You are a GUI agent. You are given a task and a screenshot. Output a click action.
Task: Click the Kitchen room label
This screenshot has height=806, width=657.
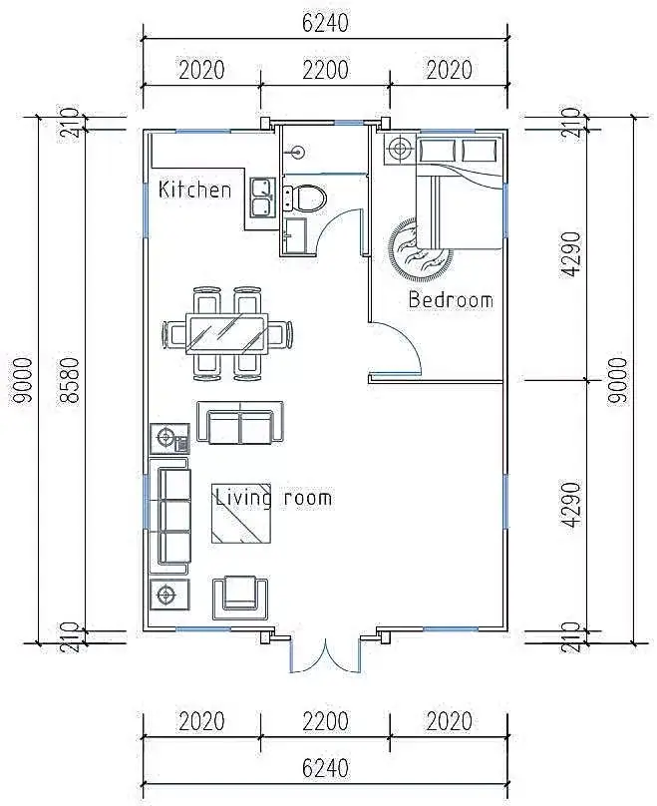[x=194, y=190]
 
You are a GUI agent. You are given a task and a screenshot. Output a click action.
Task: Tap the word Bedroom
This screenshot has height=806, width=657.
[x=451, y=299]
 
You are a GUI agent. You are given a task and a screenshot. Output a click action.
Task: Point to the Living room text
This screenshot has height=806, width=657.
[x=273, y=498]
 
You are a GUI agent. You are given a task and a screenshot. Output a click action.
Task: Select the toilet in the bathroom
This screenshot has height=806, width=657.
[x=305, y=198]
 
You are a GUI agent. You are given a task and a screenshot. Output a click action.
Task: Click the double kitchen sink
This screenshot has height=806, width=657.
[x=263, y=197]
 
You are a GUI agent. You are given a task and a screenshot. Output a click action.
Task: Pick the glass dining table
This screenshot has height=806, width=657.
[x=227, y=333]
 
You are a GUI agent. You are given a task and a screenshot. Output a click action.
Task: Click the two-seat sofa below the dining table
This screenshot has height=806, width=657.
[x=240, y=423]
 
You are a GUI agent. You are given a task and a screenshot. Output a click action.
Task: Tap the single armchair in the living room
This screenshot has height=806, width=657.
[x=240, y=598]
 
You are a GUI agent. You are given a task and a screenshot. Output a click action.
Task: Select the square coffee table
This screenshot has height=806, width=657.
[x=241, y=513]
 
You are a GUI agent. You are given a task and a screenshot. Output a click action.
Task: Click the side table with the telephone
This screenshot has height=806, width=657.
[x=169, y=439]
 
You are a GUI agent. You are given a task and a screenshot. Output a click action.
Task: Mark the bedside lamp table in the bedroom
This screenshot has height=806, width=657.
[x=400, y=149]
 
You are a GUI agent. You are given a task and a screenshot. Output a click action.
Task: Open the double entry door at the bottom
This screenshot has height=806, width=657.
[x=325, y=654]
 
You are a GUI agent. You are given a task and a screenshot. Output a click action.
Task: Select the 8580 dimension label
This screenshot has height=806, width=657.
[x=69, y=381]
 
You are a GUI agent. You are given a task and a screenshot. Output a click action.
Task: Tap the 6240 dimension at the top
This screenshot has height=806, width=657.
[x=325, y=23]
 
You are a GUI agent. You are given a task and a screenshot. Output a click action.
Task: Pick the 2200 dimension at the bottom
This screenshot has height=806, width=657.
[x=325, y=721]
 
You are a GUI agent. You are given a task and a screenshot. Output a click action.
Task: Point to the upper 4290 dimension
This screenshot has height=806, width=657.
[x=570, y=254]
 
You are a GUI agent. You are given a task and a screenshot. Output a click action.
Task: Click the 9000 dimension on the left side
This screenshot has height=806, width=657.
[x=23, y=381]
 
